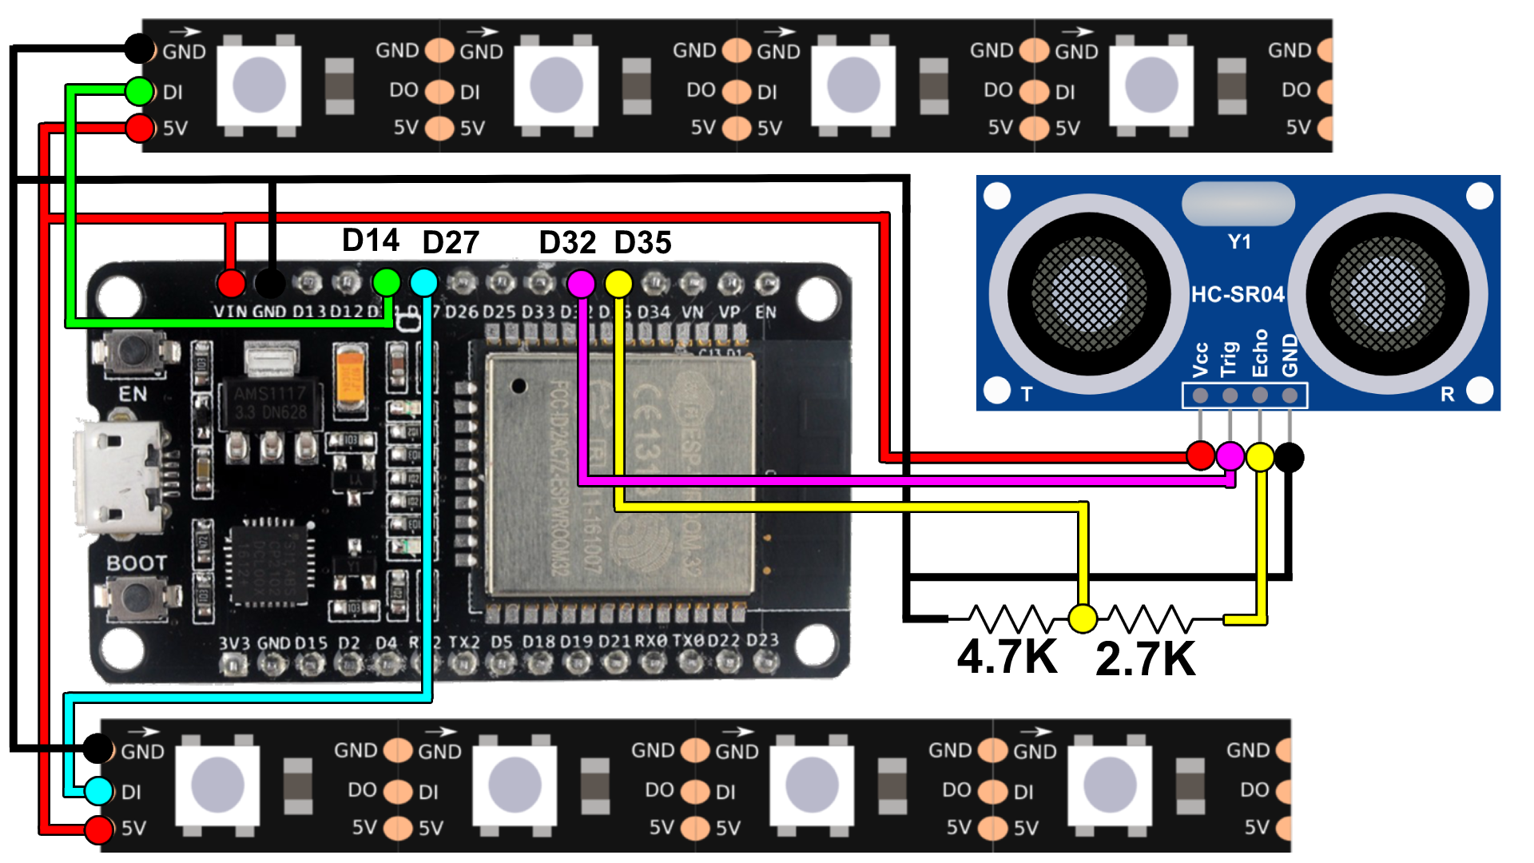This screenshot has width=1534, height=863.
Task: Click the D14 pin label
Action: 370,241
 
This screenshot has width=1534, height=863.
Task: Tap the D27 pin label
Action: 451,243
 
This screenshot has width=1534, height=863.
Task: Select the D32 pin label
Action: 567,243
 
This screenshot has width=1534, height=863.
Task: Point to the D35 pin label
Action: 643,243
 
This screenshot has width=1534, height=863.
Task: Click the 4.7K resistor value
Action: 1007,657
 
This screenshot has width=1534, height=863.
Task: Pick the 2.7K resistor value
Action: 1145,659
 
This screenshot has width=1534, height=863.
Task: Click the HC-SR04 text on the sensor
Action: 1238,295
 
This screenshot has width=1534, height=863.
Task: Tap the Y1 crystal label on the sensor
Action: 1239,242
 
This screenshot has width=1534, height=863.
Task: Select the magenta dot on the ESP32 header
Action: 581,283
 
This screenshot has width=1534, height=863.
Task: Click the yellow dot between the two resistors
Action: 1083,618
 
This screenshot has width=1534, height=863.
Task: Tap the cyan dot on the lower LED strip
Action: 98,790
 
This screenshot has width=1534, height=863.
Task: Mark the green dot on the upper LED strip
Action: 140,91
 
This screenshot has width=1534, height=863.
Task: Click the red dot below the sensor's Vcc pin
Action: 1200,456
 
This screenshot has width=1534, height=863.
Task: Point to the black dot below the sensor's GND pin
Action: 1289,457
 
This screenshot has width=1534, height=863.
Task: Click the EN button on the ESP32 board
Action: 134,352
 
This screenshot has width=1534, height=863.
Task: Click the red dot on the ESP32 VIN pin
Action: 231,283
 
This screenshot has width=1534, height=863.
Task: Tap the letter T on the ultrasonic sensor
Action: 1027,394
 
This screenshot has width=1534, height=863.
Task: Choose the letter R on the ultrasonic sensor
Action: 1447,394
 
